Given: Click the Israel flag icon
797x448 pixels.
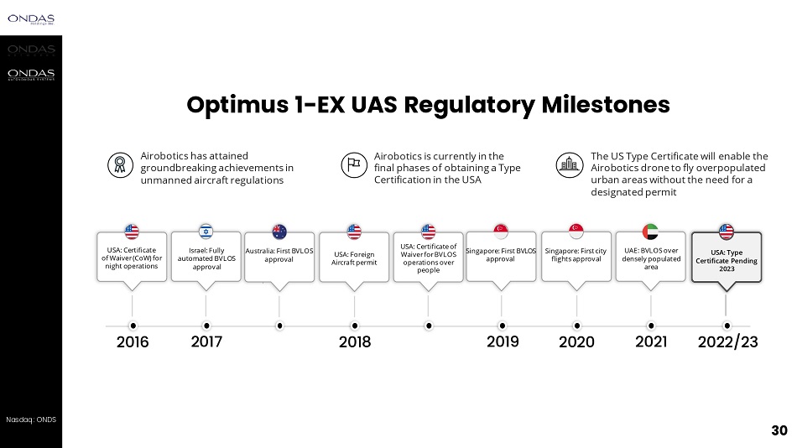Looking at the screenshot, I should (206, 232).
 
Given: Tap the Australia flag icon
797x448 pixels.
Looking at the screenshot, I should (279, 232).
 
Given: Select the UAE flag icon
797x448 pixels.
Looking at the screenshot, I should (650, 232).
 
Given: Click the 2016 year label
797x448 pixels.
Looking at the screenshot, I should (133, 342).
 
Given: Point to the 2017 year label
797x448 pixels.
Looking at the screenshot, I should (206, 342).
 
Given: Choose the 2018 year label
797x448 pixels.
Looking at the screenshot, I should (354, 342).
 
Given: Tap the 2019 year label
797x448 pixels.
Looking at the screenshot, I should (503, 341).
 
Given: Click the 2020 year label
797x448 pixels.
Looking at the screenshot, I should (576, 342).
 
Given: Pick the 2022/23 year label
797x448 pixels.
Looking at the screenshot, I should (727, 342).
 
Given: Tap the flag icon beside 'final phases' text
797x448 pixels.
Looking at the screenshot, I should (353, 164).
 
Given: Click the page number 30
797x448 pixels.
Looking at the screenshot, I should (779, 431).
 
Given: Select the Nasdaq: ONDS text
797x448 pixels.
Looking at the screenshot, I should (31, 419).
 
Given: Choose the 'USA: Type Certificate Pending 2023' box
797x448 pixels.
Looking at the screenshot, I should (727, 260).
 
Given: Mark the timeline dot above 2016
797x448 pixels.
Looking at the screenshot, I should (133, 326).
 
